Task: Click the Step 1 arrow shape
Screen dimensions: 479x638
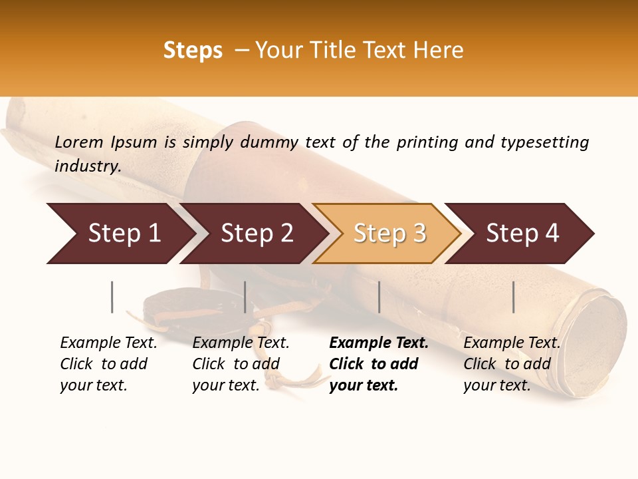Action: (x=120, y=234)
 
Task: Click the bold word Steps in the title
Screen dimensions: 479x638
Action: (x=193, y=51)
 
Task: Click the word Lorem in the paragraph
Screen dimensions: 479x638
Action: (x=79, y=142)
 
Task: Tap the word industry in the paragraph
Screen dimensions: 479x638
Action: (x=88, y=166)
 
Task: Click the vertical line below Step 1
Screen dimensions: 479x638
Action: (x=112, y=297)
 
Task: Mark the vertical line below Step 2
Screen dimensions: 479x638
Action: (x=245, y=297)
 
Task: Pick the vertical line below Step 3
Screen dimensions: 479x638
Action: (x=379, y=297)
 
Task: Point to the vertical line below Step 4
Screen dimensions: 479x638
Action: (x=514, y=297)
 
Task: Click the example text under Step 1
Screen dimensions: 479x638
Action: (x=108, y=364)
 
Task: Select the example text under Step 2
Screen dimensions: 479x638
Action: (x=241, y=364)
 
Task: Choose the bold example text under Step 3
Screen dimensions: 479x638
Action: (x=378, y=364)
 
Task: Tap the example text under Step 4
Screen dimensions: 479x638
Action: (x=512, y=364)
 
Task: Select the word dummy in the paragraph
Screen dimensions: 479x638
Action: (x=269, y=142)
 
